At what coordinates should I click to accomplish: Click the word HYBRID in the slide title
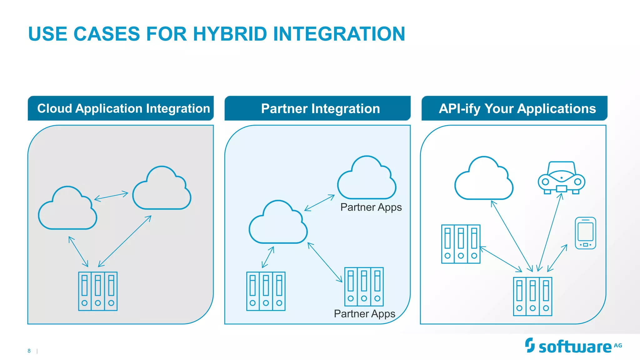[230, 34]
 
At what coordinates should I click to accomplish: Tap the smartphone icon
[585, 233]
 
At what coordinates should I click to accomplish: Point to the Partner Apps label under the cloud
[371, 207]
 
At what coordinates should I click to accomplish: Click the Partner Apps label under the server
[364, 313]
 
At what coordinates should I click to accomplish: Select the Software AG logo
[573, 346]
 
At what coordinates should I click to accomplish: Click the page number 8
[29, 351]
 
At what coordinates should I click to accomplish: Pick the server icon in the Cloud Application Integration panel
[98, 291]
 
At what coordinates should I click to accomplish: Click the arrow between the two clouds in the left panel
[111, 196]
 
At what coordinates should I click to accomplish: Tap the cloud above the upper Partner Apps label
[367, 179]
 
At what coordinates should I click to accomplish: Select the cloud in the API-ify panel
[484, 179]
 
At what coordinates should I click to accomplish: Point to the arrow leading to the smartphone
[557, 258]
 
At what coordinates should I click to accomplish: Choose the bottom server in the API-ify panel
[532, 297]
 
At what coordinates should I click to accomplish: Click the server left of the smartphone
[461, 244]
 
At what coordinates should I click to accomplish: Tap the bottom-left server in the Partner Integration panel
[266, 291]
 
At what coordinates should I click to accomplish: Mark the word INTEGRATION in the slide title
[339, 34]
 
